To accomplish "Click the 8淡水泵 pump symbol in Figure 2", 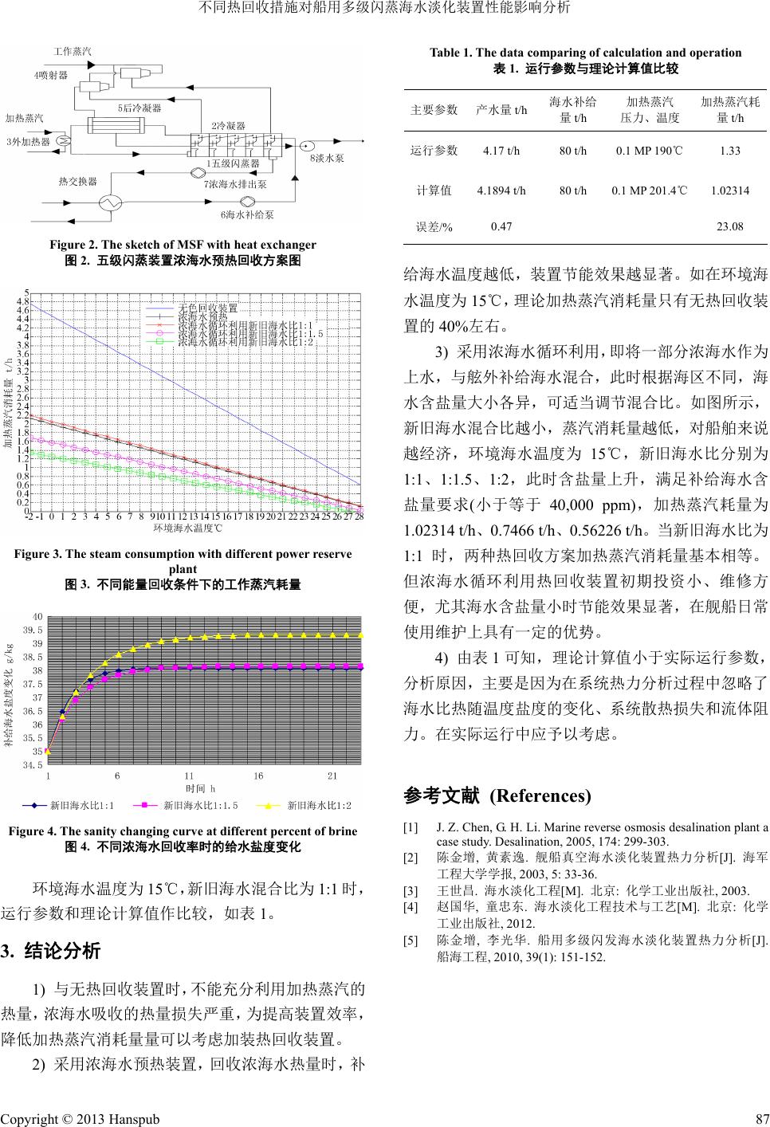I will point(304,144).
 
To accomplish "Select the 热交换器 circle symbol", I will point(109,202).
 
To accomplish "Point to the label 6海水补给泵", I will point(247,214).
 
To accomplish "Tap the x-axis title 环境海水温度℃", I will point(187,528).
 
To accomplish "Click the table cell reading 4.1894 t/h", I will point(501,191).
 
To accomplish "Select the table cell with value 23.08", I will point(730,226).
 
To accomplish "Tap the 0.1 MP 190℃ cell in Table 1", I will point(650,150).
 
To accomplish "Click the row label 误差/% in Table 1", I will point(434,226).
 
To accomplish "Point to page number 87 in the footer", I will point(760,1118).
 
